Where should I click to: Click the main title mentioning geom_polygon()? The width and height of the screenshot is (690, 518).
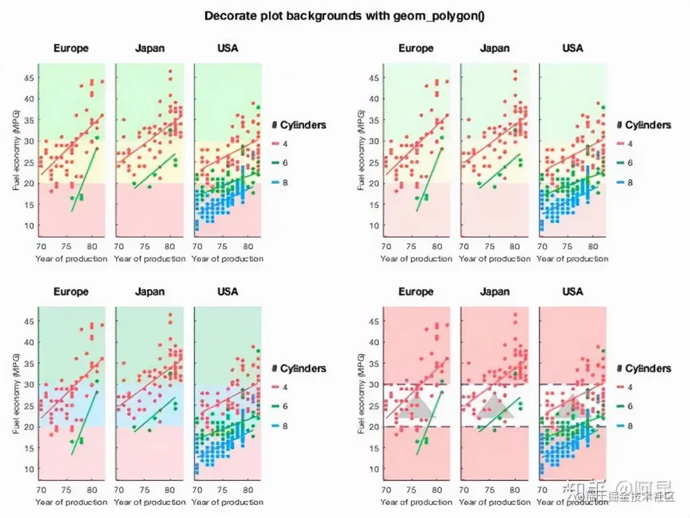pos(344,16)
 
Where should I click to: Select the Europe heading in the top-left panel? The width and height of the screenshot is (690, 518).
pos(71,48)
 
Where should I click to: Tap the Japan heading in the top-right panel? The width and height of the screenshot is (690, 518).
pos(495,48)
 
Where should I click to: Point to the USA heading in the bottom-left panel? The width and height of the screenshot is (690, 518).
pos(228,292)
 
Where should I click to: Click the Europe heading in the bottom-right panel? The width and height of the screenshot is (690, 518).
pos(416,292)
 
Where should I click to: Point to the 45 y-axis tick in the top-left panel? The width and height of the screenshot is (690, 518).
pos(29,78)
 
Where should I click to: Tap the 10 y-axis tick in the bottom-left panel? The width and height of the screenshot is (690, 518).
pos(29,469)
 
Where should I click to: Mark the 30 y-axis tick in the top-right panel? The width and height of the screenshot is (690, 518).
pos(374,141)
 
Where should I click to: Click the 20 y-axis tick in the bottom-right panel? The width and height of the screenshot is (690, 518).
pos(374,427)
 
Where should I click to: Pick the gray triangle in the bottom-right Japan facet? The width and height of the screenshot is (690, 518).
pos(496,408)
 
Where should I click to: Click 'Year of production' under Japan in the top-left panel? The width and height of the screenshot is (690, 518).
pos(149,259)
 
